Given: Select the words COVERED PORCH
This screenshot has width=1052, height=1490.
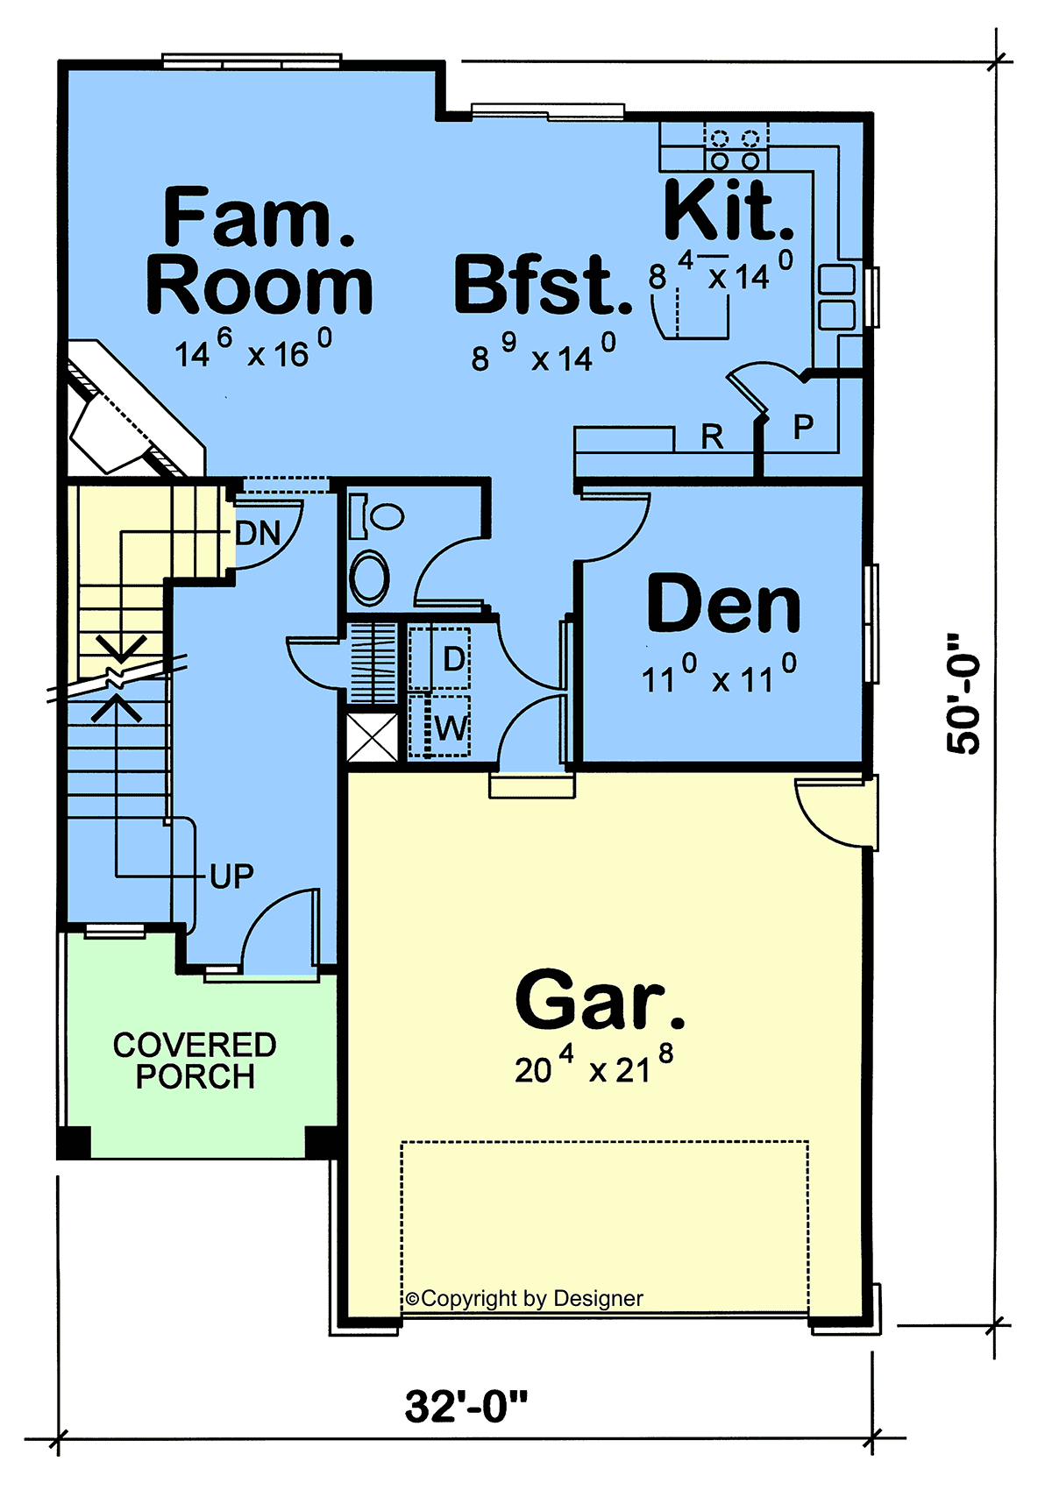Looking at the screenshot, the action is [195, 1061].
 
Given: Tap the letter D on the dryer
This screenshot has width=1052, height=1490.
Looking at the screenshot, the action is [454, 659].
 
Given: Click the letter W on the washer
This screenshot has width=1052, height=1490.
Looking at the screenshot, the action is [451, 728].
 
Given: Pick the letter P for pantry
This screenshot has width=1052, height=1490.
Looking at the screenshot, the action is [803, 426].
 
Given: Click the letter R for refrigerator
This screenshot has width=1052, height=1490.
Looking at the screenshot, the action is [712, 437].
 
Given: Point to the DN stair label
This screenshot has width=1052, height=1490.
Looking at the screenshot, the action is [258, 533].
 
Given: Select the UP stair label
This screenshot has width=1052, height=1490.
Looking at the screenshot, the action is [231, 876].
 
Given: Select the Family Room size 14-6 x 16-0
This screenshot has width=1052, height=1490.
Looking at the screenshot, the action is [252, 350].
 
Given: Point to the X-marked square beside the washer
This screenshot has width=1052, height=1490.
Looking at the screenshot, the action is [372, 736].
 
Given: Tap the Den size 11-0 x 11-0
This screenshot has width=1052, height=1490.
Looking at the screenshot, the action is [719, 674].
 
